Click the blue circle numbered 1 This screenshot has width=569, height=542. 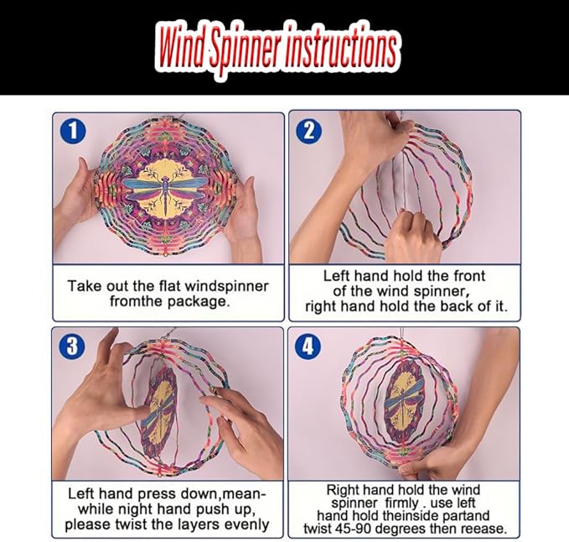point(73,131)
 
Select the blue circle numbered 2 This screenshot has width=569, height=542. point(309,131)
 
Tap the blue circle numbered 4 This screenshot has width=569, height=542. point(308,346)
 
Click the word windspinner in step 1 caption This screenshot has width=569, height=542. point(226,287)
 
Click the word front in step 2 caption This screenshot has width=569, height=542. point(469,276)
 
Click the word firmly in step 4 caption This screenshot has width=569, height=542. point(401,503)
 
